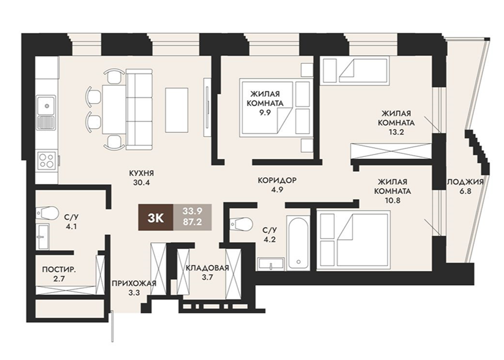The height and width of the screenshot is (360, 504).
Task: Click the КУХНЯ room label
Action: tap(142, 173)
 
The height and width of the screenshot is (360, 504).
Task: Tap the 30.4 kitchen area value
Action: tap(142, 183)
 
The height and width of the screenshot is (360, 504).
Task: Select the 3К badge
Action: tap(156, 218)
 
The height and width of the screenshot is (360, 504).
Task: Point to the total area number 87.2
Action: tap(192, 222)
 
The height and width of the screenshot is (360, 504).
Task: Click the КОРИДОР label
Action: tap(277, 180)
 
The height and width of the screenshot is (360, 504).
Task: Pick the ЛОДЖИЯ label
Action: tap(465, 182)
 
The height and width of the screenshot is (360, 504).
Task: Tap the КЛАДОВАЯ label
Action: tap(207, 268)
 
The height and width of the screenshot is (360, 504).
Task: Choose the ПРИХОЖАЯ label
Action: tap(134, 283)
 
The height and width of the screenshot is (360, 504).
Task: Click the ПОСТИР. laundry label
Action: tap(59, 269)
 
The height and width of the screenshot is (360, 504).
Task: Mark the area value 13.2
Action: tap(395, 132)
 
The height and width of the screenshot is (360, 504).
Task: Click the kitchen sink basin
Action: tap(46, 105)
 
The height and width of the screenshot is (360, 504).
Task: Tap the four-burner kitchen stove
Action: tap(47, 161)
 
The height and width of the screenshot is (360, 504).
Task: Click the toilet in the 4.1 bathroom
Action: tap(47, 213)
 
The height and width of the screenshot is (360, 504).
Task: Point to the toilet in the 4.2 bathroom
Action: tap(242, 224)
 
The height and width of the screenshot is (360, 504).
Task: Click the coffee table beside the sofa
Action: tap(177, 110)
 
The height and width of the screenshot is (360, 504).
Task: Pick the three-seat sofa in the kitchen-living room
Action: tap(139, 109)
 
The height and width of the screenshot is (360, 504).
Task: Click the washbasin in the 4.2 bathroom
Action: tap(270, 264)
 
